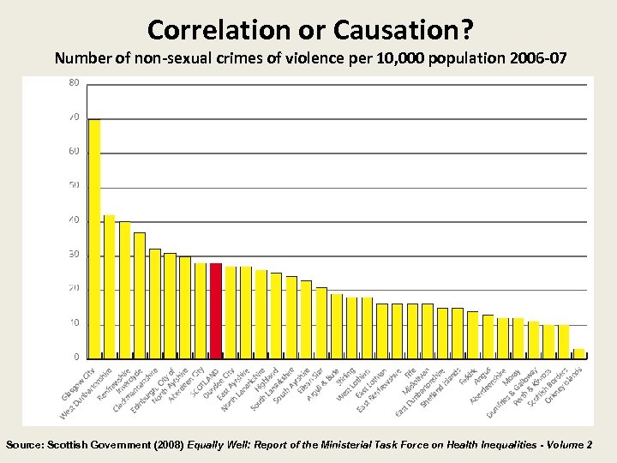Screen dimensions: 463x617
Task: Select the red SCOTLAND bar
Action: click(x=215, y=309)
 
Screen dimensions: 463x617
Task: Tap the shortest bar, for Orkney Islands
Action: click(x=578, y=352)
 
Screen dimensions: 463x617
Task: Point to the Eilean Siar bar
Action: click(x=321, y=321)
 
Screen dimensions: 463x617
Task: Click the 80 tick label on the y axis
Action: click(x=75, y=83)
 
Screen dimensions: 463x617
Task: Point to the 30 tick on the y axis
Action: click(x=75, y=255)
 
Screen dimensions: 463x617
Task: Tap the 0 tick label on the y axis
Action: click(x=77, y=357)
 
